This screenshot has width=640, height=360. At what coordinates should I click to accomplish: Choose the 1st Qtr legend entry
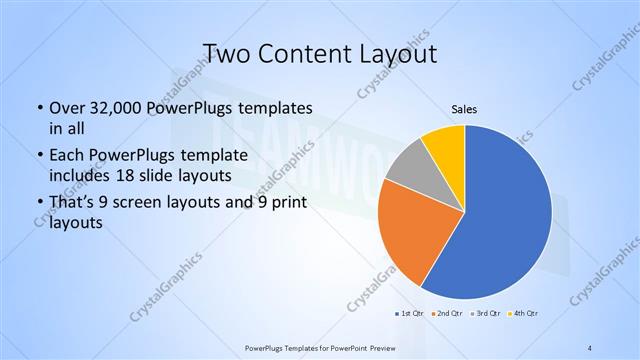(x=411, y=314)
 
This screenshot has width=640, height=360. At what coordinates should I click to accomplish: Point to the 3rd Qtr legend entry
(x=487, y=314)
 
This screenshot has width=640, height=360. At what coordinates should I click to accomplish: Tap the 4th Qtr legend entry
(x=525, y=314)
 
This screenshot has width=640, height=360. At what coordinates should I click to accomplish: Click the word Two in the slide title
(x=229, y=53)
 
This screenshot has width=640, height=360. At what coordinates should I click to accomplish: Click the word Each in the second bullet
(x=67, y=155)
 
